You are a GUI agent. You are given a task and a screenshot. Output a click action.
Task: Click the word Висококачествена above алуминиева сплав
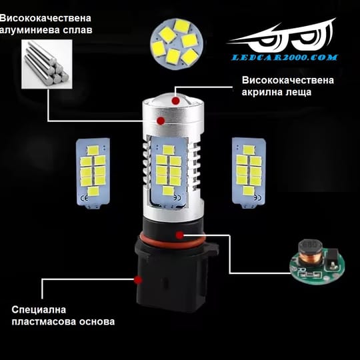(x=45, y=18)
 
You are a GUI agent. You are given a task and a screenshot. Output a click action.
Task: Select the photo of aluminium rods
(x=47, y=64)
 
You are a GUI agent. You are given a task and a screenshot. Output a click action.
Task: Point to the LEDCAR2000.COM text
(x=284, y=57)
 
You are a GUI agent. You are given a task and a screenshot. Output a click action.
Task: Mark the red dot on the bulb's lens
(x=176, y=101)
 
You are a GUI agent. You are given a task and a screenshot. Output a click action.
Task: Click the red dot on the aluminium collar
(x=161, y=121)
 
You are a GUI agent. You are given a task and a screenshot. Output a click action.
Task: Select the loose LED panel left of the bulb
(x=93, y=173)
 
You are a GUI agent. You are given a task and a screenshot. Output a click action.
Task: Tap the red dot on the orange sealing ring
(x=180, y=235)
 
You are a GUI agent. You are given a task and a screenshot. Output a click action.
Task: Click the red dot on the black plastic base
(x=138, y=280)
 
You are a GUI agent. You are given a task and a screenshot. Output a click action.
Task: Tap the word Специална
(x=39, y=310)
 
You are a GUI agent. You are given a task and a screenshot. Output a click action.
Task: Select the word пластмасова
(x=44, y=321)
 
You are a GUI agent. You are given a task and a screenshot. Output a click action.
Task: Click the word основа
(x=97, y=321)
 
